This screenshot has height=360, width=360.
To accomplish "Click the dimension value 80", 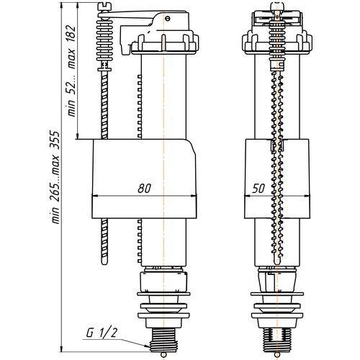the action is click(144, 189).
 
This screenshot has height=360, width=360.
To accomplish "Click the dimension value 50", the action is click(258, 189).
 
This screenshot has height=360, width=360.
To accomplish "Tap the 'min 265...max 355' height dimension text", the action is click(55, 177).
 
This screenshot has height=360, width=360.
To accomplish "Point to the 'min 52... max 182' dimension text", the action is click(71, 71).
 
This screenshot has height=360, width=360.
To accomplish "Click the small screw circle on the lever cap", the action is click(168, 18).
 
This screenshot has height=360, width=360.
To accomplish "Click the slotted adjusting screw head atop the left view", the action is click(105, 6).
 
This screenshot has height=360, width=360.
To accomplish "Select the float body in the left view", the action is click(144, 179).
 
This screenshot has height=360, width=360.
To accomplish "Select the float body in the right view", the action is click(277, 179).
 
